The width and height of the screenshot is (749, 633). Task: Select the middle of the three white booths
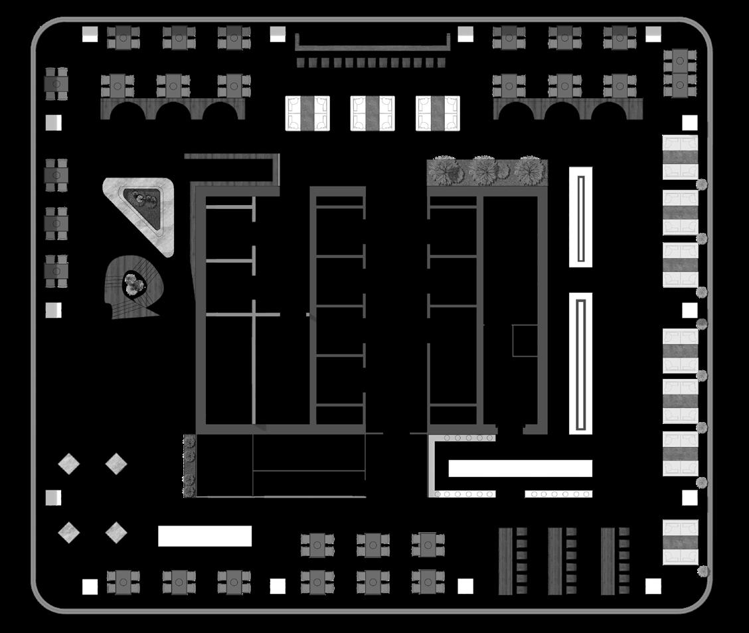(372, 113)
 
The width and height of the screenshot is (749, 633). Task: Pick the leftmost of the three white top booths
(307, 113)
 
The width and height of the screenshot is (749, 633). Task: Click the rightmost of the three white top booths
(438, 113)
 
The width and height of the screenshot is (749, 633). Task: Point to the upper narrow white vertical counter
(580, 217)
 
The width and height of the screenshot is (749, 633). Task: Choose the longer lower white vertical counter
(580, 364)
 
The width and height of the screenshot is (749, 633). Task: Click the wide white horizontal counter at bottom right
(520, 468)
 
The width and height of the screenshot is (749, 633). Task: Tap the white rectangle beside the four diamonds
(205, 536)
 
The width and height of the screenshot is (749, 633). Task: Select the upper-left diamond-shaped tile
(68, 463)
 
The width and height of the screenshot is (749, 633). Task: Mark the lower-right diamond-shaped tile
(116, 532)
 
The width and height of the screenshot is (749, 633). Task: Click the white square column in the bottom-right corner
(653, 586)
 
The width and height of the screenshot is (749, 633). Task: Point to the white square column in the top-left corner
(90, 34)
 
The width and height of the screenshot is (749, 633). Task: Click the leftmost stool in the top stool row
(300, 62)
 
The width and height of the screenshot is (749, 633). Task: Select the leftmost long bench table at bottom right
(505, 561)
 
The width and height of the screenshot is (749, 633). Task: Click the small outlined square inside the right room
(525, 340)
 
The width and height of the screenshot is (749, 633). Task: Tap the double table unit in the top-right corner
(679, 72)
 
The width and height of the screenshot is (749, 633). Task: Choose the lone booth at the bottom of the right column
(681, 543)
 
